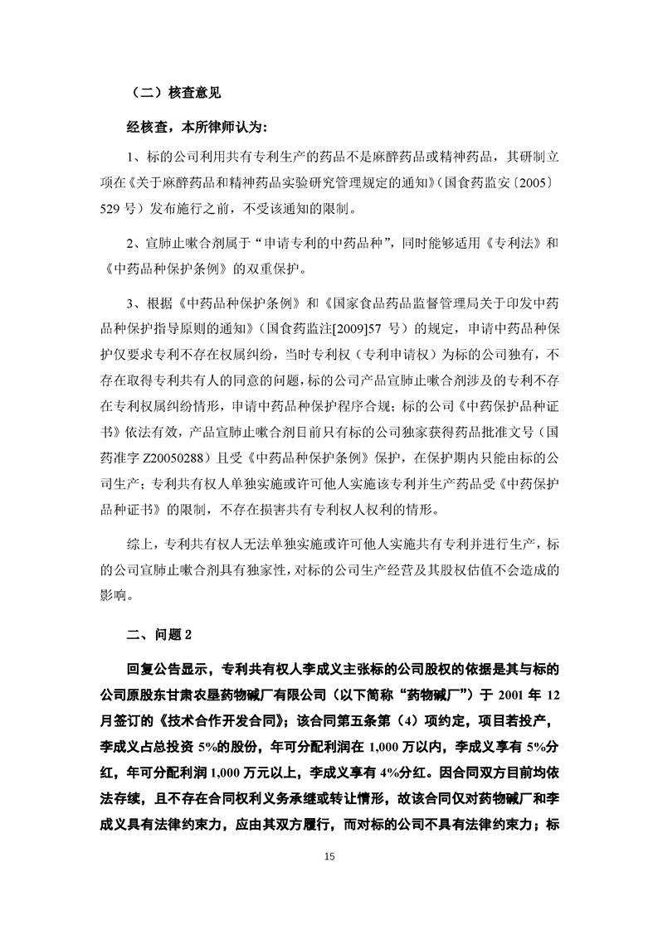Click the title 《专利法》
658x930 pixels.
(504, 246)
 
